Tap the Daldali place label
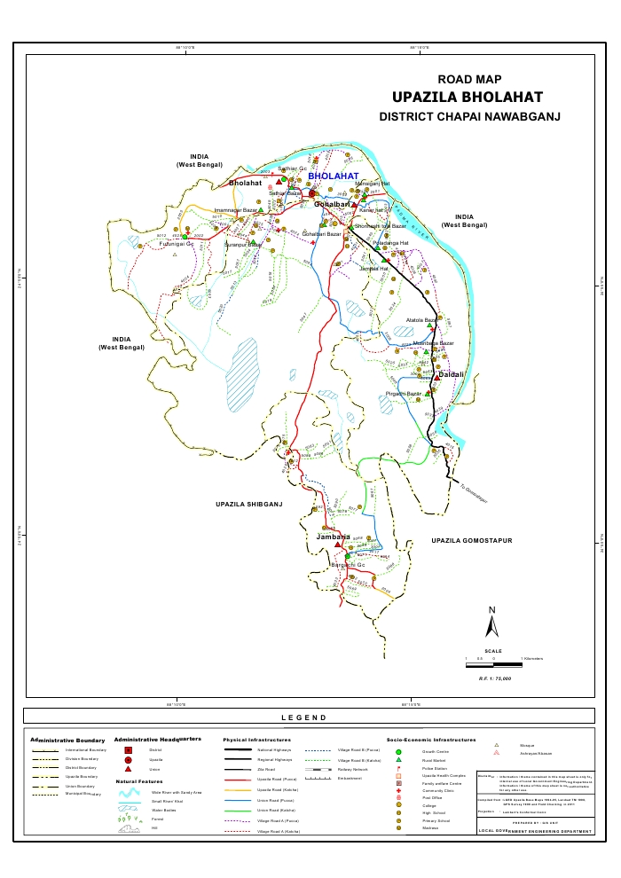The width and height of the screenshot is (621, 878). pyautogui.click(x=449, y=375)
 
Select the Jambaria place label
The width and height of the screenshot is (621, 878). pyautogui.click(x=334, y=537)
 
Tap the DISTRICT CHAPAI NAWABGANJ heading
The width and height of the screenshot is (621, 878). pyautogui.click(x=469, y=116)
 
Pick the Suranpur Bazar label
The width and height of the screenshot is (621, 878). pyautogui.click(x=242, y=244)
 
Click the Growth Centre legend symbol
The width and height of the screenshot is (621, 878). pyautogui.click(x=399, y=751)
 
